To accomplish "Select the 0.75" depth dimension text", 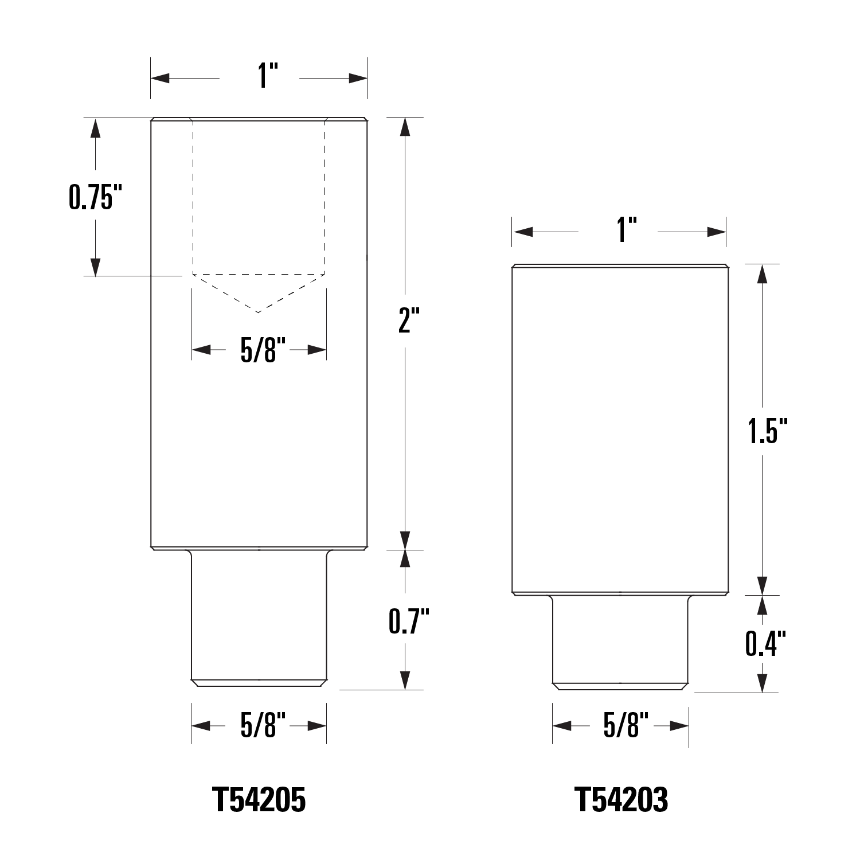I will point(96,197).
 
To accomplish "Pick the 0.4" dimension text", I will point(765,643).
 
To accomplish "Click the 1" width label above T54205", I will point(260,76).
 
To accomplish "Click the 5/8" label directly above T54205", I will point(259,726).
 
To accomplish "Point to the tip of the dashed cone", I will point(259,312).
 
